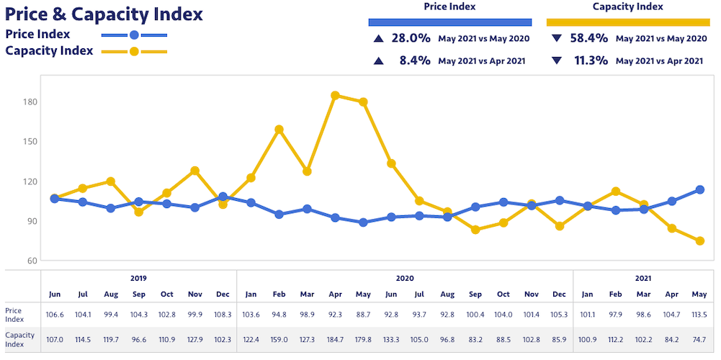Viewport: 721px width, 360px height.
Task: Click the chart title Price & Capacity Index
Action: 104,14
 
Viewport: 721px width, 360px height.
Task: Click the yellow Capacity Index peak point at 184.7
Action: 335,95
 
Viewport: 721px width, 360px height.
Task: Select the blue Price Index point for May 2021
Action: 699,189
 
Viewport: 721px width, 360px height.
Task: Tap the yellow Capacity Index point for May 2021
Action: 699,241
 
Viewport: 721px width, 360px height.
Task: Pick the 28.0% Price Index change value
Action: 411,37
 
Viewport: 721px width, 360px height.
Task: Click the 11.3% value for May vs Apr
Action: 589,60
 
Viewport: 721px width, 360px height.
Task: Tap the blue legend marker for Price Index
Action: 134,35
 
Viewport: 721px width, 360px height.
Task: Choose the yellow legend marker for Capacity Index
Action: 134,51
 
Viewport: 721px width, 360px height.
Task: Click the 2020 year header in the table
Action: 405,278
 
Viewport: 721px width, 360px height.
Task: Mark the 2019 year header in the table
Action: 138,278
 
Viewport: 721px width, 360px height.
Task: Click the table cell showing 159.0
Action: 279,339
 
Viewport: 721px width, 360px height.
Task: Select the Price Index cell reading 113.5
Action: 699,314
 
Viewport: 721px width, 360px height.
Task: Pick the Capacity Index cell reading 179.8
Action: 363,339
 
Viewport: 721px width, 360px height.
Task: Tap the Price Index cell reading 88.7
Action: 363,314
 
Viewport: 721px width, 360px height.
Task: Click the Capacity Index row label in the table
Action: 20,339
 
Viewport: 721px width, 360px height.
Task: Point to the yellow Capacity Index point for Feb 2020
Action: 279,130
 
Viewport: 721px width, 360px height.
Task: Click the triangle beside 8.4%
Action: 378,60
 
